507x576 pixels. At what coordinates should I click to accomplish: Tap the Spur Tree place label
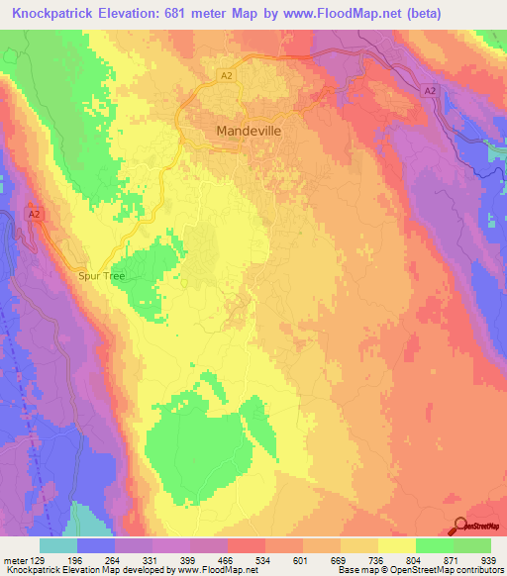pos(102,276)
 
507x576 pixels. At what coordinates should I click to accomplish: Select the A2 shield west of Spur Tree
pos(35,214)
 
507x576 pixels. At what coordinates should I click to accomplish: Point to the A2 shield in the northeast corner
pos(430,90)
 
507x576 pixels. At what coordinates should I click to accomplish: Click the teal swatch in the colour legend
pos(58,545)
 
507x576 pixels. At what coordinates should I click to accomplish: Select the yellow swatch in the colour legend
pos(396,545)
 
